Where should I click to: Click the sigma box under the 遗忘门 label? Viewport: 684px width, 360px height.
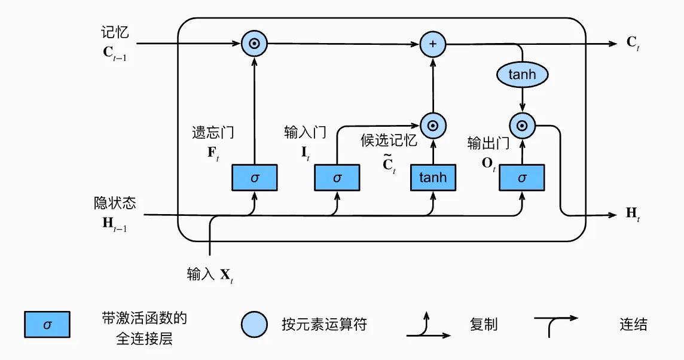click(254, 178)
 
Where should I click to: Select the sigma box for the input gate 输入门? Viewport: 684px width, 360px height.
click(337, 178)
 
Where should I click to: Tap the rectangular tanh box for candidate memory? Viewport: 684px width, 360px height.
click(432, 178)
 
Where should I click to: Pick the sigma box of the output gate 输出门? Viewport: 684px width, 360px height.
click(522, 178)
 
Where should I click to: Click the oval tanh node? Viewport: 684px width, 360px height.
click(522, 75)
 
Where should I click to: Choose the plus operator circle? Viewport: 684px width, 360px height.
click(433, 44)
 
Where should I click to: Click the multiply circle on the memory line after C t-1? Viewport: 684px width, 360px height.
click(254, 44)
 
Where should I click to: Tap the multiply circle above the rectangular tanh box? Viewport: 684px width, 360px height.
click(433, 126)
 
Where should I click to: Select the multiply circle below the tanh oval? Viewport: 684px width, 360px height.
click(522, 126)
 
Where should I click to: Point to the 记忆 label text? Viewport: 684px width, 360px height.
click(115, 32)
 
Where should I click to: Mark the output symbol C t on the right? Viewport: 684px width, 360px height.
click(633, 43)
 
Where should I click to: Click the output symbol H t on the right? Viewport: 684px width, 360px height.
click(633, 213)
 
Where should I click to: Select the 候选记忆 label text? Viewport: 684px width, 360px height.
click(389, 140)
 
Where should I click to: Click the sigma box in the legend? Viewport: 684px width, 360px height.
click(47, 325)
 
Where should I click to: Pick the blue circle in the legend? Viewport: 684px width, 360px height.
click(255, 325)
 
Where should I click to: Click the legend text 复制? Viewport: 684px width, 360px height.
click(484, 325)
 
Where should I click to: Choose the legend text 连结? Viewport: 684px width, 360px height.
click(633, 325)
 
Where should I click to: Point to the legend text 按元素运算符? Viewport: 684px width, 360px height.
click(324, 325)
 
